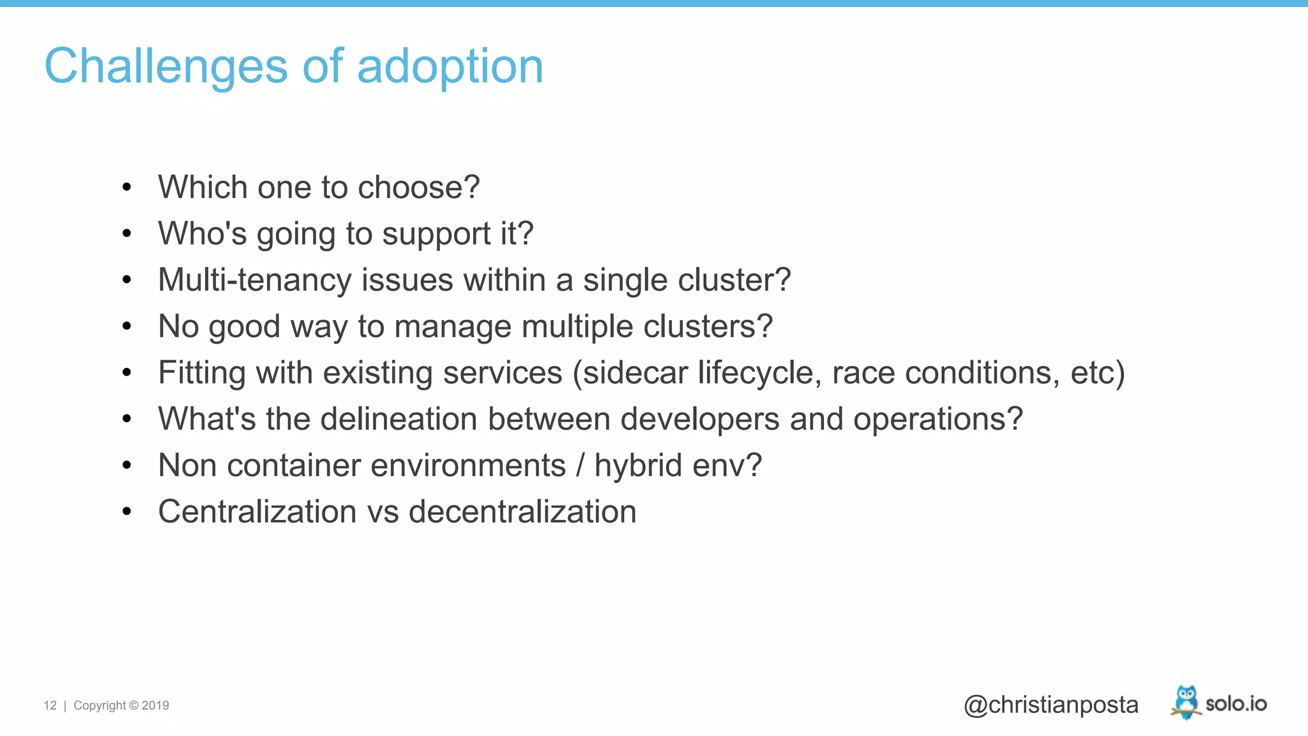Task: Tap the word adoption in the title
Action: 450,66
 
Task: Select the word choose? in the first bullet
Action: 418,187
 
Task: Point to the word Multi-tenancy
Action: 254,280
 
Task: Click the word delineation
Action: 399,419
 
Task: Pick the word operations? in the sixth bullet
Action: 938,419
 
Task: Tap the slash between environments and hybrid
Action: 580,465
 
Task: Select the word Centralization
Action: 257,512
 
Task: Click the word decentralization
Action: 522,512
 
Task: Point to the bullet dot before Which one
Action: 126,187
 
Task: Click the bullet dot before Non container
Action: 126,466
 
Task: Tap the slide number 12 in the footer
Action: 50,705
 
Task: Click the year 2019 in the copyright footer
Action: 155,705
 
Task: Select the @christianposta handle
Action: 1051,705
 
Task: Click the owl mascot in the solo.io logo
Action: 1186,701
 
